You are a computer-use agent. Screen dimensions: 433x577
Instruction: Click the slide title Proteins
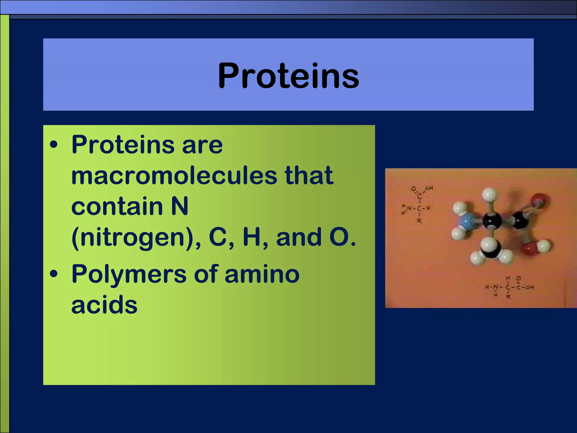click(x=288, y=76)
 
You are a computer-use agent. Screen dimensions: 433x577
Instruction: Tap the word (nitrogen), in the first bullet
click(x=136, y=237)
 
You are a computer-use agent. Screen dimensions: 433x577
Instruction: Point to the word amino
click(x=262, y=274)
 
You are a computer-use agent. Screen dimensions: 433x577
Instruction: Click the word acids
click(x=104, y=305)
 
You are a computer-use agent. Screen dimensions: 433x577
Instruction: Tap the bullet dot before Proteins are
click(x=54, y=145)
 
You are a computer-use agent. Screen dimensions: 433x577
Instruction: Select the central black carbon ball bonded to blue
click(x=492, y=221)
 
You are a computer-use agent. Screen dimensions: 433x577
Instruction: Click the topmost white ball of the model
click(x=489, y=195)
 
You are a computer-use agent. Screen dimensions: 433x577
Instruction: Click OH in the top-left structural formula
click(x=429, y=188)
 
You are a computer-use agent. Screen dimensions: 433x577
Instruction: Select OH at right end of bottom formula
click(x=530, y=288)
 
